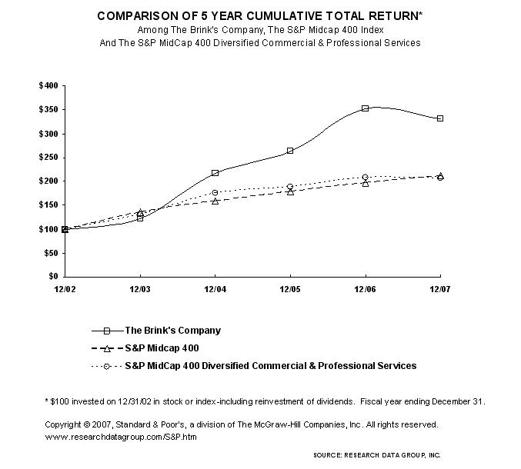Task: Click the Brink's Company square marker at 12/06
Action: click(366, 108)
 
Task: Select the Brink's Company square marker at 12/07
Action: click(440, 118)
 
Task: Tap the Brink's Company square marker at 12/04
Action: click(215, 173)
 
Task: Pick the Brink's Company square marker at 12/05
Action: click(290, 151)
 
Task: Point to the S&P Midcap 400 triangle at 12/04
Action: click(215, 201)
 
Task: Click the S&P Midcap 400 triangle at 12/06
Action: click(366, 183)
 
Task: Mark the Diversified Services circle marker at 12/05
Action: click(290, 187)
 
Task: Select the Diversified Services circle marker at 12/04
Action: click(215, 192)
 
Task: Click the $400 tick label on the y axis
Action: click(48, 86)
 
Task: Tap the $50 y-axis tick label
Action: click(50, 252)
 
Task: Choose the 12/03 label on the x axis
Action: click(140, 288)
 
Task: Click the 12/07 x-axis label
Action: click(440, 288)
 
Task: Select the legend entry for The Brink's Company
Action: click(172, 331)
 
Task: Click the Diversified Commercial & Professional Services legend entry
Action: click(270, 366)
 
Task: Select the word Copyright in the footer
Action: click(64, 424)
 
